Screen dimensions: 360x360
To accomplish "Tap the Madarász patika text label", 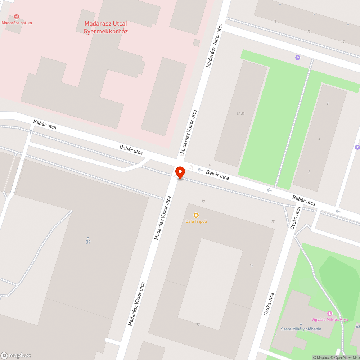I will click(17, 23).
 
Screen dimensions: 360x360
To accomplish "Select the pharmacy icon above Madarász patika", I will click(16, 17).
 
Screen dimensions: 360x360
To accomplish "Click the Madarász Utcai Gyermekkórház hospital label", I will click(105, 27).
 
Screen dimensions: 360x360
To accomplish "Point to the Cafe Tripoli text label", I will click(196, 221).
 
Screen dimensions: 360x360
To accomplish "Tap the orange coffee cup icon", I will click(196, 215).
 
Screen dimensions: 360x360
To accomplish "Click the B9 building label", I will click(88, 242).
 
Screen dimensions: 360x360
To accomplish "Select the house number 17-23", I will click(240, 114).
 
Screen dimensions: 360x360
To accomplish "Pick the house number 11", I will click(275, 22).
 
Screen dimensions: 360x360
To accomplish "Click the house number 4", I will click(319, 139).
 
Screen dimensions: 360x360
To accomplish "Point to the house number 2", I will click(309, 172).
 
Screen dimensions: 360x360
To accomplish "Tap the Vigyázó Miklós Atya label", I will click(329, 319).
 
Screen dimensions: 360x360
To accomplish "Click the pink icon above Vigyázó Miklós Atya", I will click(329, 313).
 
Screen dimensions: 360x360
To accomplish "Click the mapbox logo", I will click(16, 355).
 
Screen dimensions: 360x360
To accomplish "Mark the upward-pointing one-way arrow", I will click(30, 132).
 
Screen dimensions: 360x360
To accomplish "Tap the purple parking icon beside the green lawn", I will click(297, 57).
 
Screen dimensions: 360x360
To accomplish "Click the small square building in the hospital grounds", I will click(196, 43).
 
